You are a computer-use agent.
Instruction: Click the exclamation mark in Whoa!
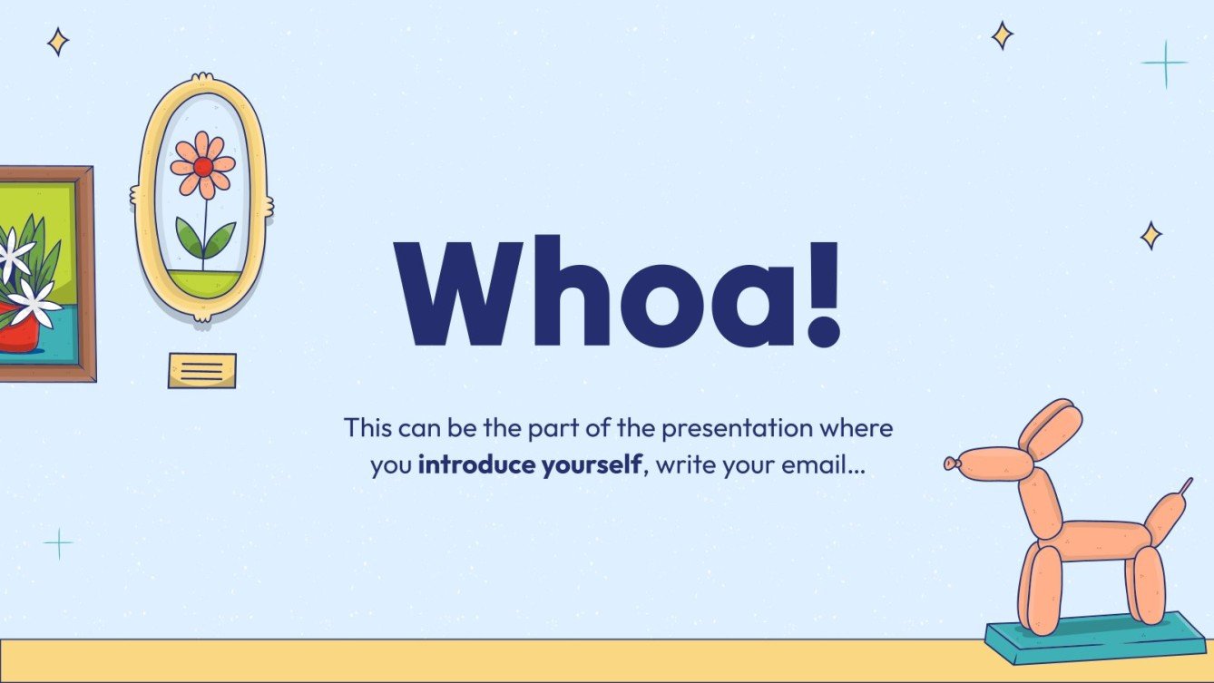825,290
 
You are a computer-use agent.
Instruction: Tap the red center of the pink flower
203,167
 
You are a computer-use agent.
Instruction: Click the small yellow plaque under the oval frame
201,370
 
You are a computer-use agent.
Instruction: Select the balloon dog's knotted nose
951,463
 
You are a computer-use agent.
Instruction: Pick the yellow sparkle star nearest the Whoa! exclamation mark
1150,236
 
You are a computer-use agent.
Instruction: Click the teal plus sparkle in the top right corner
1164,63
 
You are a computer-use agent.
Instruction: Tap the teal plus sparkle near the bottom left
58,543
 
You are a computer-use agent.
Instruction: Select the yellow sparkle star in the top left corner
58,41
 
